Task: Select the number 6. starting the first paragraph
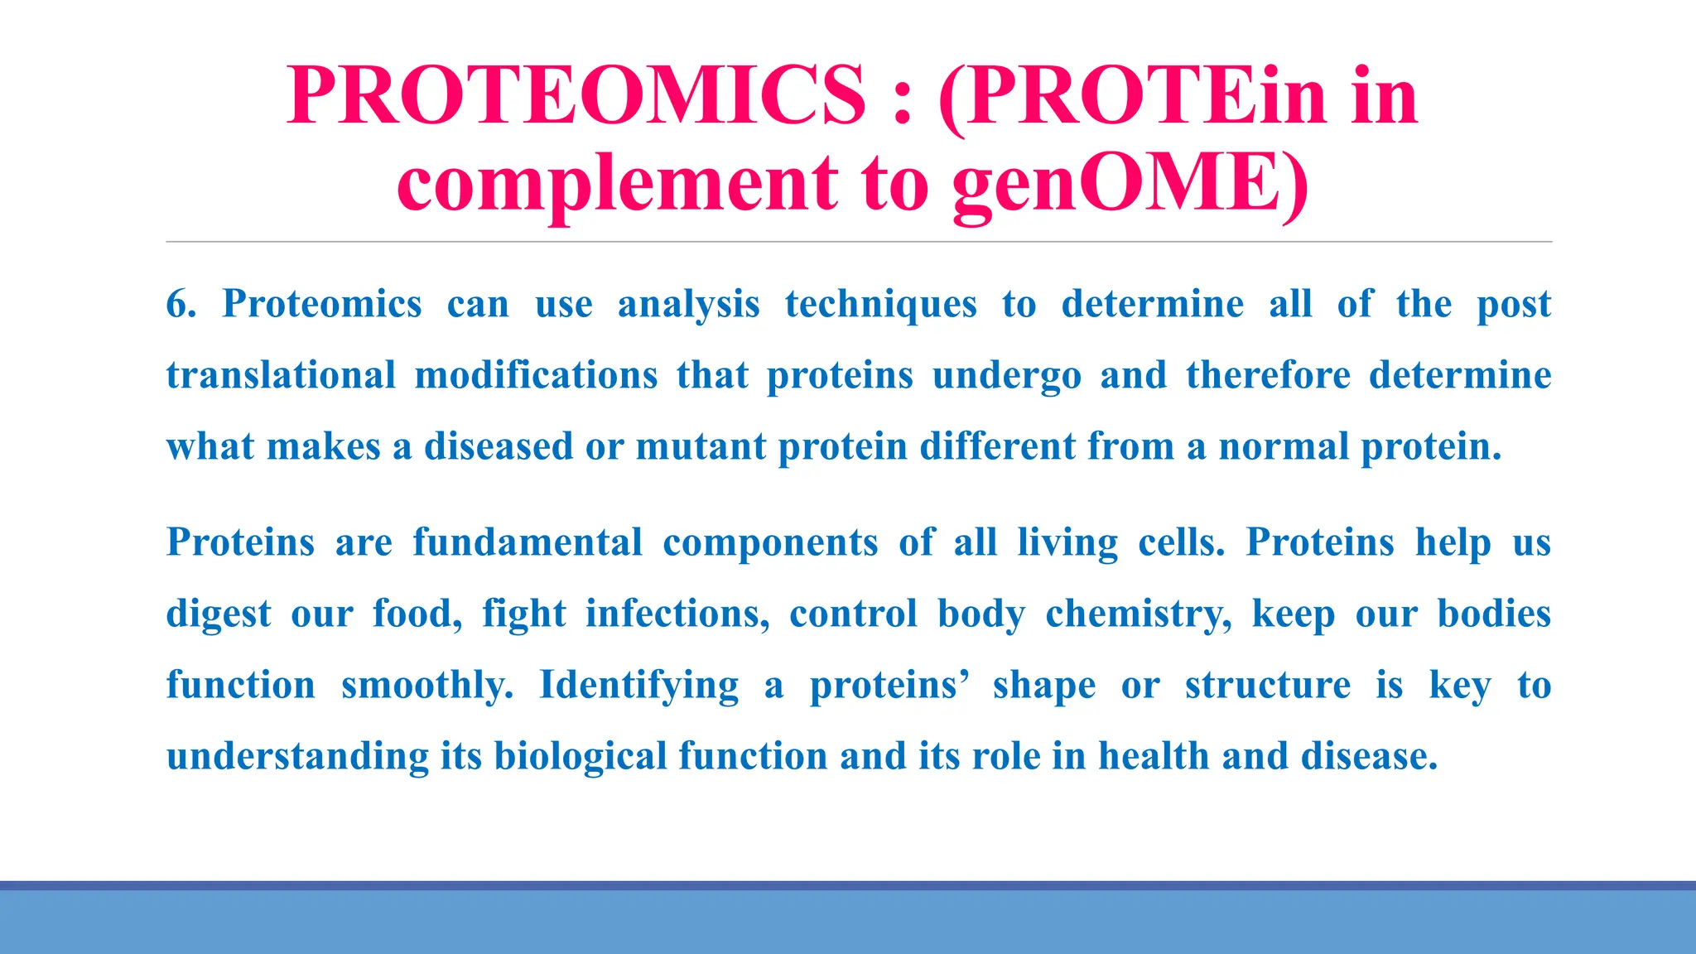click(x=181, y=304)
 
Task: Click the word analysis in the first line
click(x=688, y=304)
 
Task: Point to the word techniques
click(x=881, y=304)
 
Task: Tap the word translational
click(x=282, y=375)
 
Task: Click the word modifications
click(x=536, y=375)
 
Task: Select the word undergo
click(x=1006, y=375)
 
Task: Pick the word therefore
click(x=1268, y=375)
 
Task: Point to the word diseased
click(x=498, y=446)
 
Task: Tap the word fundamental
click(x=528, y=542)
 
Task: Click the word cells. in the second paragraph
click(x=1181, y=542)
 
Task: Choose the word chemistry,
click(x=1139, y=614)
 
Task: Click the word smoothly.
click(x=427, y=685)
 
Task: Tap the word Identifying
click(x=638, y=685)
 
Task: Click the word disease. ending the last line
click(x=1369, y=756)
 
